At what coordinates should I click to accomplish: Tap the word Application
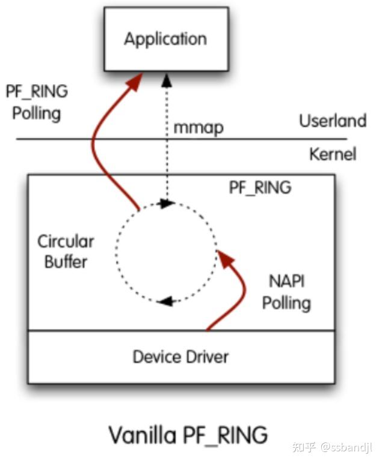coord(165,40)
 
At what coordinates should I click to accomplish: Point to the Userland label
coord(332,121)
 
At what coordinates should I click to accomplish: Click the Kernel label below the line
coord(332,154)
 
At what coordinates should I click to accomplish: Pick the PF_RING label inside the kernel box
coord(260,187)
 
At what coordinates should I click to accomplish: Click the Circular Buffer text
coord(66,252)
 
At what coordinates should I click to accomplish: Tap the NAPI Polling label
coord(286,291)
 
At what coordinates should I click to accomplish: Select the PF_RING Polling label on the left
coord(37,102)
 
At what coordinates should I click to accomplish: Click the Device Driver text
coord(180,357)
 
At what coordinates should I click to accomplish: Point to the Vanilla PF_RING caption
coord(188,435)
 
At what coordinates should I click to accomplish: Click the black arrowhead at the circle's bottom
coord(163,300)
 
